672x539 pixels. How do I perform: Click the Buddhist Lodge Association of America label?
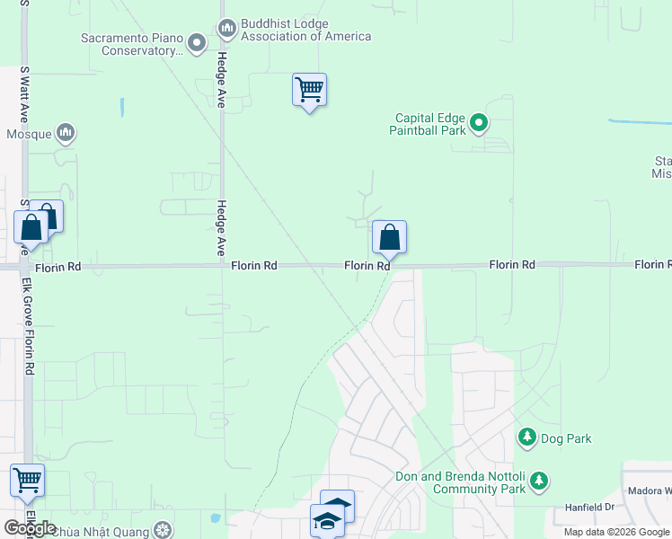click(x=305, y=30)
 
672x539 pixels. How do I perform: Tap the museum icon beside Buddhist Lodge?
click(x=226, y=30)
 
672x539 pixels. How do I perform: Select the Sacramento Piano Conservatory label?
click(x=132, y=45)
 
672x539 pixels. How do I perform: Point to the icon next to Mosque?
click(x=65, y=134)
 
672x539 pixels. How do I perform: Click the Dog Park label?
click(x=566, y=438)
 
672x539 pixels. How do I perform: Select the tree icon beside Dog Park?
click(x=527, y=438)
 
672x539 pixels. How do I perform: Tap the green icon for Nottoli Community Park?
click(x=539, y=482)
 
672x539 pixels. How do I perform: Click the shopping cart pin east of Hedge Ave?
click(x=309, y=90)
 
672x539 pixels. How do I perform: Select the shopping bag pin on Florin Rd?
click(x=389, y=238)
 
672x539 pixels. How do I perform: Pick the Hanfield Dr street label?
click(x=589, y=507)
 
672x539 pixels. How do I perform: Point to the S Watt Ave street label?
click(x=24, y=93)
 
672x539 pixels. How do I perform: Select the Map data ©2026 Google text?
click(x=616, y=532)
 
